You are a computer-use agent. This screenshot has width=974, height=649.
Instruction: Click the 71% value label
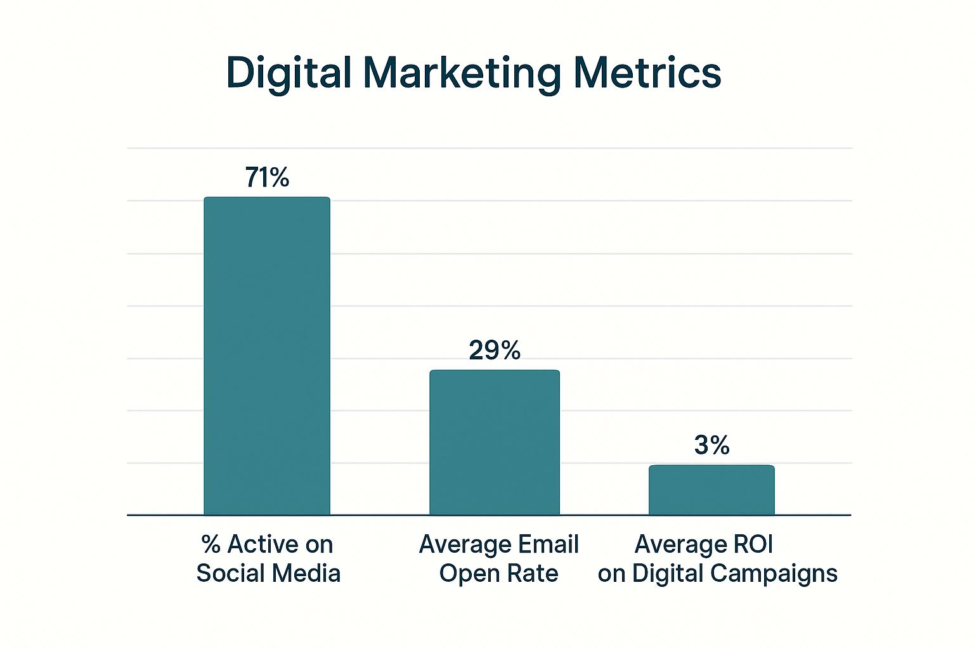pos(267,177)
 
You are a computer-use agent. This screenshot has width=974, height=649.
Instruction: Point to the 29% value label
pos(495,350)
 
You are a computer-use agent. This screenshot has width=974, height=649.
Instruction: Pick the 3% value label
pos(711,445)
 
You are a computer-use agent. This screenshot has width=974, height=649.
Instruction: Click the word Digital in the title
pos(289,73)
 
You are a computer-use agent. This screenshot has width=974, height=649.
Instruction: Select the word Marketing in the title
pos(462,73)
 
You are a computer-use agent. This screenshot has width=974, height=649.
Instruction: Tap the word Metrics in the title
pos(647,73)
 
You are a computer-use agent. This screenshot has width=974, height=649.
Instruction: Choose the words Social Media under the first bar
pos(268,574)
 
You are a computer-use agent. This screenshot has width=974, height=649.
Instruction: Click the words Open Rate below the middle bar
pos(498,574)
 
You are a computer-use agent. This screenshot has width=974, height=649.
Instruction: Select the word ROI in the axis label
pos(753,544)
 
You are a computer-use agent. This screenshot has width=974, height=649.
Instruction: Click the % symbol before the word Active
pos(211,544)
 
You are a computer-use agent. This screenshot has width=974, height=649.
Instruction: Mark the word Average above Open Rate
pos(465,544)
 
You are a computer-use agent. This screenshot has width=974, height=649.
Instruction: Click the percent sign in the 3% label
pos(720,445)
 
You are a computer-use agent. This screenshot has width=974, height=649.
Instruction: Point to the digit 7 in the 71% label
pos(253,177)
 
